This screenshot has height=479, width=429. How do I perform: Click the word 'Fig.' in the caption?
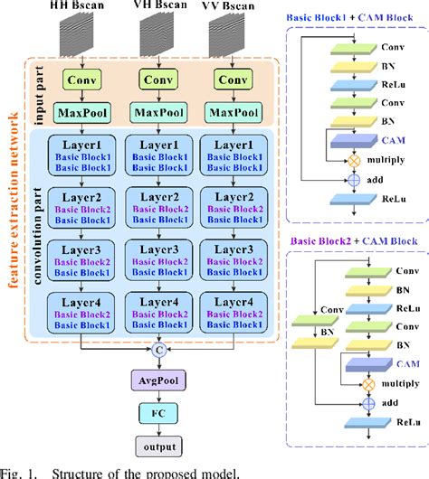pyautogui.click(x=12, y=471)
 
